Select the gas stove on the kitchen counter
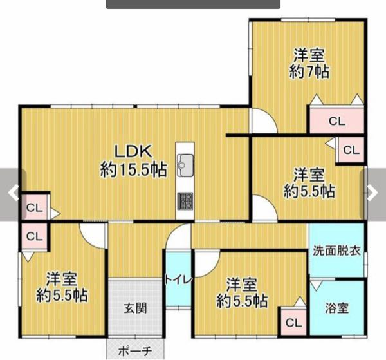[185, 201]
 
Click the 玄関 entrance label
[135, 308]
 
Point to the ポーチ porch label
[135, 351]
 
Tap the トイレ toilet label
[178, 279]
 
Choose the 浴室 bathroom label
[336, 308]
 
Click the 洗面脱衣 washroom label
[336, 251]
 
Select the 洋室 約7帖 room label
[309, 64]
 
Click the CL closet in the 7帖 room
[336, 120]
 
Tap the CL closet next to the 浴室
[293, 323]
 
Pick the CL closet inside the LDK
[35, 207]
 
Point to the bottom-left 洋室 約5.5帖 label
[62, 287]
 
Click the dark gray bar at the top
[193, 5]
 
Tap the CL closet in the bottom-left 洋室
[35, 236]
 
